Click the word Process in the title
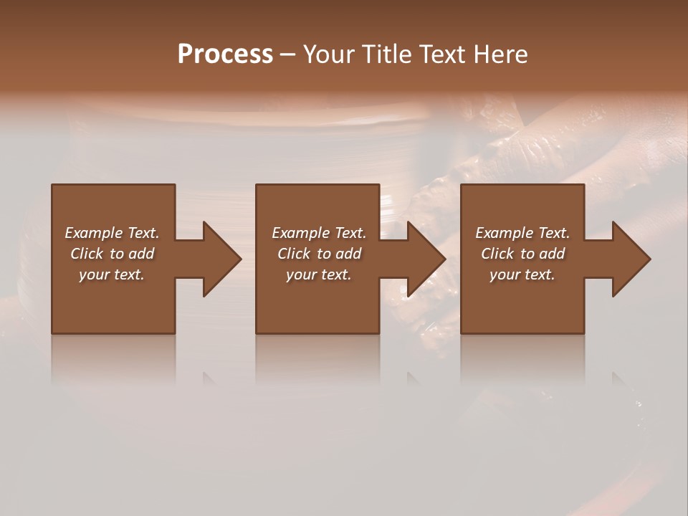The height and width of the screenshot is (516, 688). coord(225,54)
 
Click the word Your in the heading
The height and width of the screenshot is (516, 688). coord(330,54)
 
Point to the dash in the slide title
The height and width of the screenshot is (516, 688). coord(287,55)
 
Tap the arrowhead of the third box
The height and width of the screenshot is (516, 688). coord(630,259)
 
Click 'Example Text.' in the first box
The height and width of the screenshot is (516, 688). coord(112,233)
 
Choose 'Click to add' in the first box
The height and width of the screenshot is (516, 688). coord(112,254)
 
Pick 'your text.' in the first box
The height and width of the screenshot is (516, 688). coord(112,274)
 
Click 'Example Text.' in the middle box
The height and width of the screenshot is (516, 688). coord(318,233)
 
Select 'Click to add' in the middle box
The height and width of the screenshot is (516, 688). coord(318,254)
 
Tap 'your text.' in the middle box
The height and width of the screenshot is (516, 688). coord(318,274)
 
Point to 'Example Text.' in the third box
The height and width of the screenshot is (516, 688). coord(522,233)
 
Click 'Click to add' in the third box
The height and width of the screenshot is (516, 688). coord(522,254)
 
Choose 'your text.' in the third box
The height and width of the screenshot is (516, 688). coord(522,274)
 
